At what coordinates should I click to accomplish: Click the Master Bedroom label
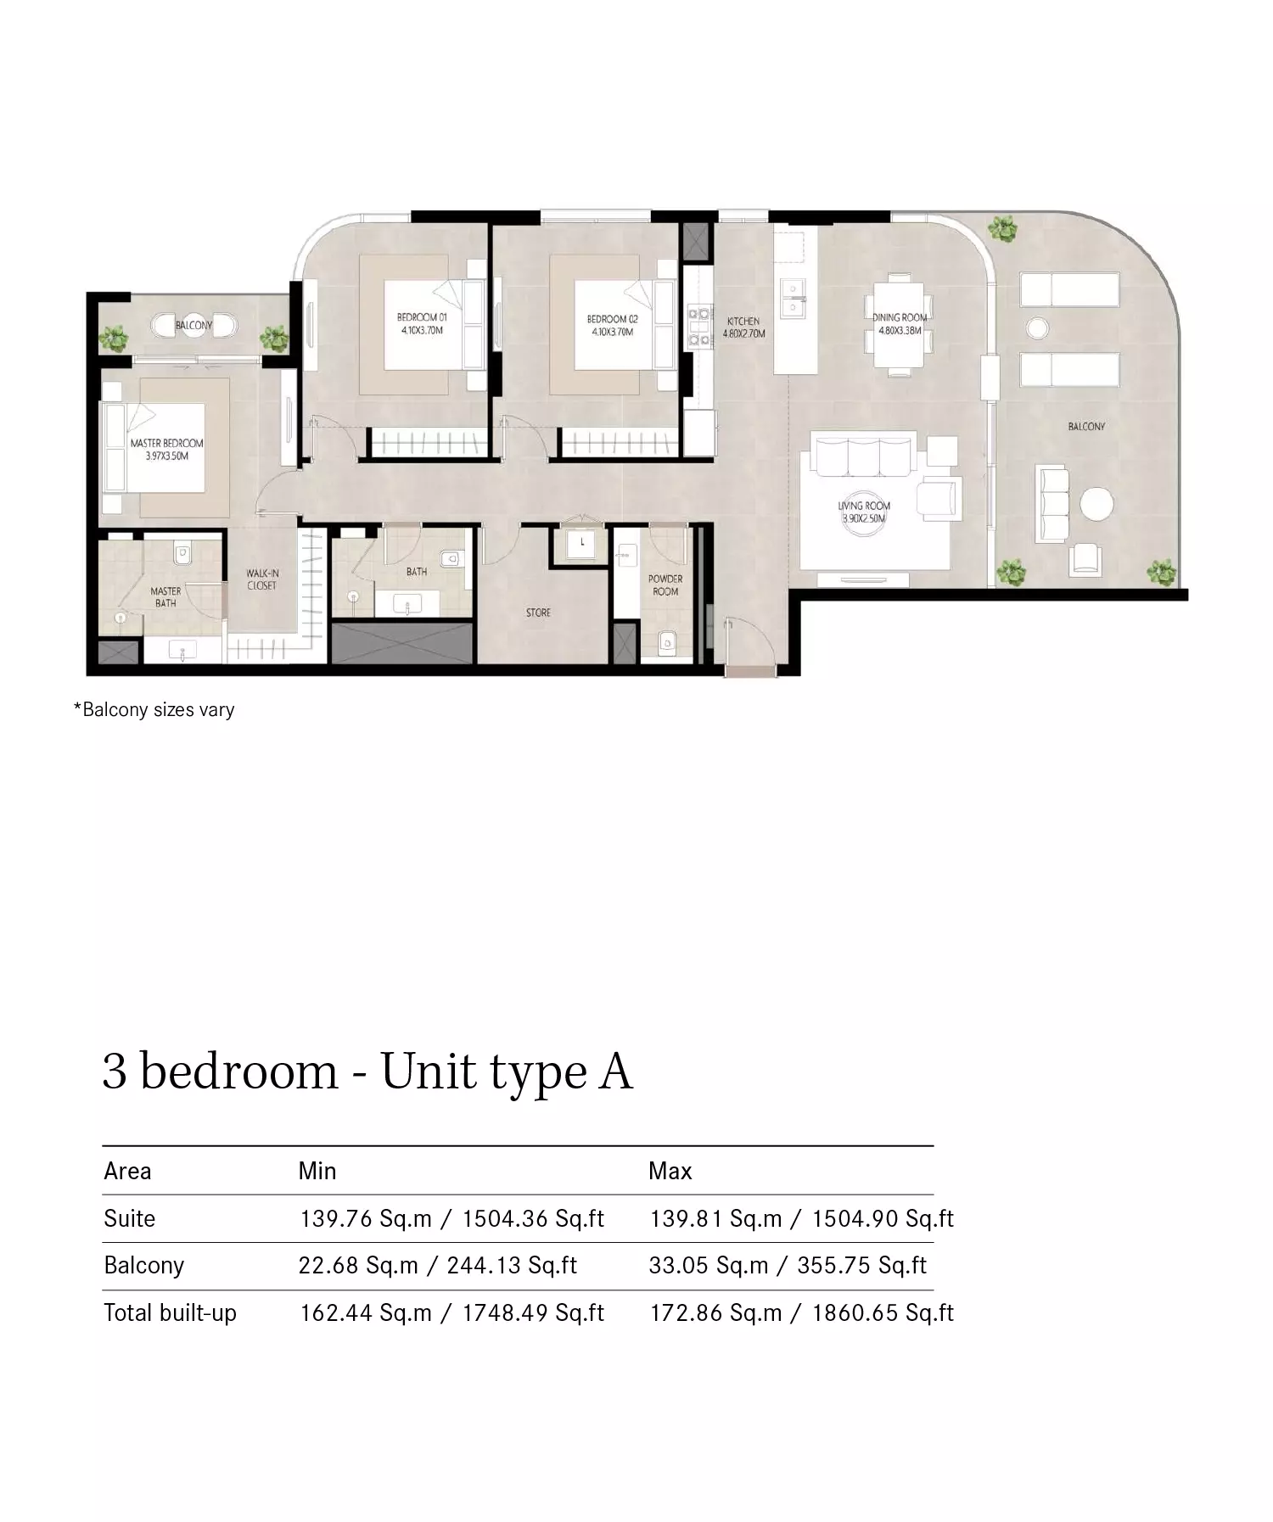point(166,449)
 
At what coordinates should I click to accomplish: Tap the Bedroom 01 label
point(422,324)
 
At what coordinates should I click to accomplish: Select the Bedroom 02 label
point(612,325)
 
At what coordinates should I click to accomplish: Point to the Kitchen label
point(743,327)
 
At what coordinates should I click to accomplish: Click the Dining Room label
point(900,323)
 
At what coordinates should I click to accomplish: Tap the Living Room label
point(864,512)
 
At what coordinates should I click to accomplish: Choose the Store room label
point(538,612)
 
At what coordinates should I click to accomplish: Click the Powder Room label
point(665,585)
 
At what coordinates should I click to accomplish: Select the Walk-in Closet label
point(262,579)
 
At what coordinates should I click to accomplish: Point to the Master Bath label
point(165,596)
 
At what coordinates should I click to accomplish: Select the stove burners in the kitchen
point(700,327)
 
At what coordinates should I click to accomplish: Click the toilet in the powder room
point(668,641)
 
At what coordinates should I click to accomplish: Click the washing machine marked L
point(581,543)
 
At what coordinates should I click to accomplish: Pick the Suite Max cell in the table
point(801,1218)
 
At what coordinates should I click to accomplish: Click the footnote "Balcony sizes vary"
point(154,709)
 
